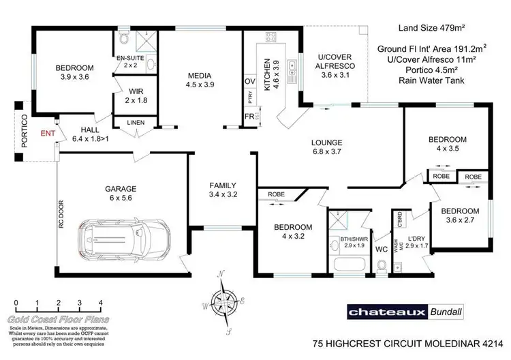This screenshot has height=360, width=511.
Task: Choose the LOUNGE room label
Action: click(x=326, y=142)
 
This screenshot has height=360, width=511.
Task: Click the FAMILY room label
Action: click(x=222, y=185)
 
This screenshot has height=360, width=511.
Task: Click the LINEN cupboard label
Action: click(x=136, y=123)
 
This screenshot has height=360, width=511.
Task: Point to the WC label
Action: click(x=382, y=250)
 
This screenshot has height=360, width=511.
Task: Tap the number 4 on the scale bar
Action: click(x=101, y=302)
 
